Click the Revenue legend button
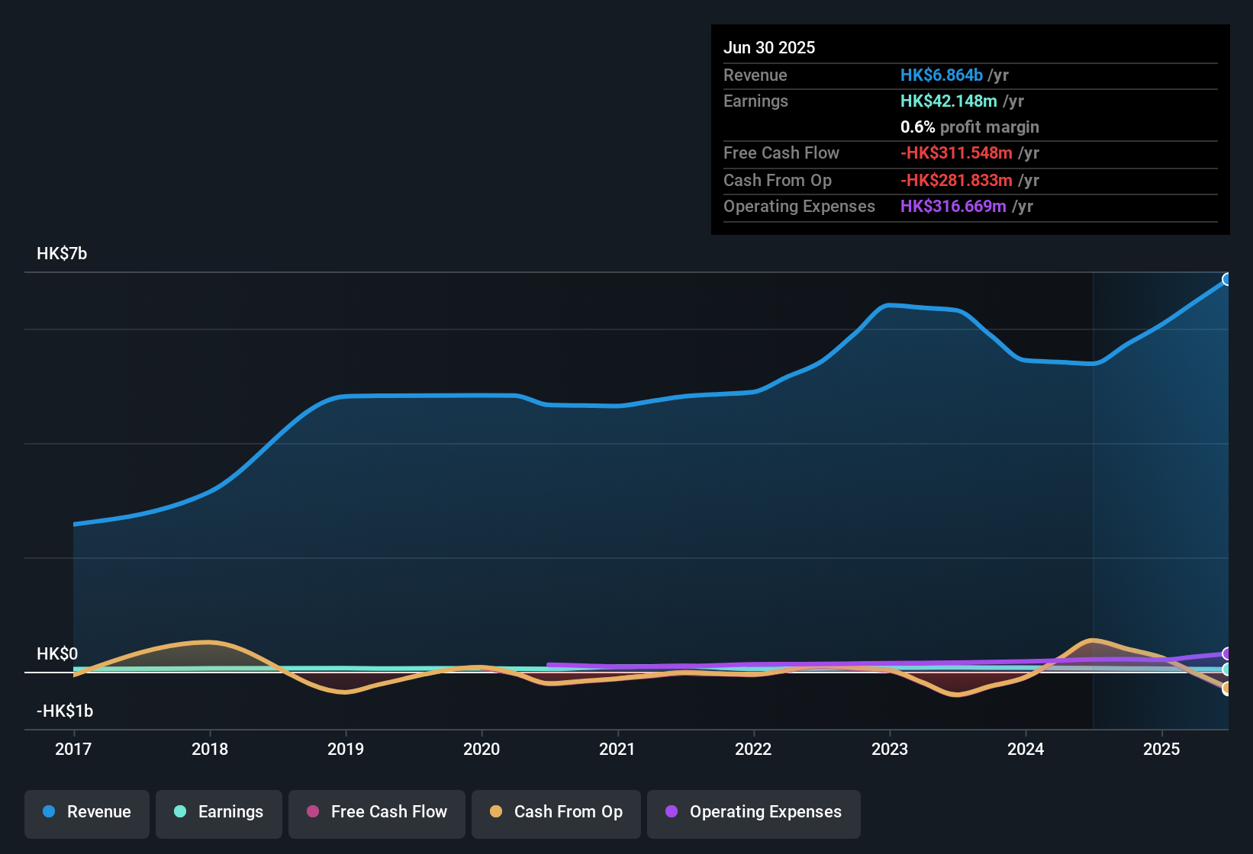tap(87, 812)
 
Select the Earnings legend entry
tap(219, 812)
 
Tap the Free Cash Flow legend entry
tap(377, 812)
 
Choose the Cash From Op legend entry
tap(556, 812)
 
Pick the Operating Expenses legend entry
tap(754, 812)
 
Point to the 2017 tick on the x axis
tap(73, 749)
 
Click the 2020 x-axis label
tap(482, 749)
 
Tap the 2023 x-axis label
tap(890, 749)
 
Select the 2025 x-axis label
tap(1161, 749)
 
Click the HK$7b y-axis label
tap(62, 254)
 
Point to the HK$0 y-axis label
tap(57, 654)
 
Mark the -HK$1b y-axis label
tap(65, 711)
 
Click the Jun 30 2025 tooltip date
tap(769, 47)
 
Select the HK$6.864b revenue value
tap(941, 75)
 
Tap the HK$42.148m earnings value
tap(949, 101)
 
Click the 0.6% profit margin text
tap(969, 127)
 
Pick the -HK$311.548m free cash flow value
tap(956, 152)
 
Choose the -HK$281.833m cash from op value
tap(956, 180)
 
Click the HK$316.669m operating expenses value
tap(953, 206)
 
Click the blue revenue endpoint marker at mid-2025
tap(1226, 279)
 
